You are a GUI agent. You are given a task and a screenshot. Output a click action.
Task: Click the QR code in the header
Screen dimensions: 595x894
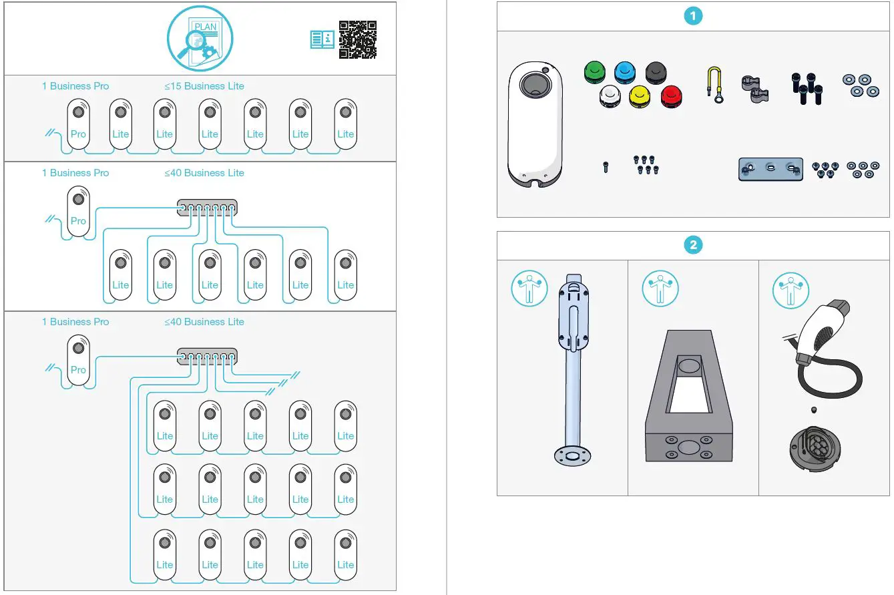(x=357, y=39)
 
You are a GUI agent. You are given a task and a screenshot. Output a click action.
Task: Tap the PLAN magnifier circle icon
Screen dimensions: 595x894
(x=200, y=39)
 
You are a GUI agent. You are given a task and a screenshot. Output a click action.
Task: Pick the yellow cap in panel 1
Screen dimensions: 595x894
(x=640, y=97)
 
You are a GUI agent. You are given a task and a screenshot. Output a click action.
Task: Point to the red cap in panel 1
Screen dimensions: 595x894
(x=671, y=97)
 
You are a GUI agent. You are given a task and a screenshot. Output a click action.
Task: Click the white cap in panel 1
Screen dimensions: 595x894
(x=610, y=97)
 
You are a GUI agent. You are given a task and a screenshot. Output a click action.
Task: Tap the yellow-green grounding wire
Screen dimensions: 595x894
(x=715, y=85)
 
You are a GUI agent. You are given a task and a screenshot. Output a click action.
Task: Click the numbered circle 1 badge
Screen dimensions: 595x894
(x=693, y=17)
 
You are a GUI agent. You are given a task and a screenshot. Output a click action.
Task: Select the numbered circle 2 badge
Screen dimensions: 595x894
(x=693, y=245)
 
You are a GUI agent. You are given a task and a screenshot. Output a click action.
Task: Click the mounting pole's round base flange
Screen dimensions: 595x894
(x=572, y=455)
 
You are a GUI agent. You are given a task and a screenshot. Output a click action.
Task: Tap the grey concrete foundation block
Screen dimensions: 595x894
(x=688, y=401)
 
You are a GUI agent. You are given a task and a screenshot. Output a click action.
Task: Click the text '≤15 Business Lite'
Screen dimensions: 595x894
(x=204, y=86)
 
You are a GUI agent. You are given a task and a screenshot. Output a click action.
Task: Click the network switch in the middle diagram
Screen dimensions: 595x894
(x=207, y=207)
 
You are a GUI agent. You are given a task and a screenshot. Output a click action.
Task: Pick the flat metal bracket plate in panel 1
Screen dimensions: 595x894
(x=770, y=169)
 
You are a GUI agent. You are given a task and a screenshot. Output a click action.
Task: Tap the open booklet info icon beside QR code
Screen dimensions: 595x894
(x=322, y=39)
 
